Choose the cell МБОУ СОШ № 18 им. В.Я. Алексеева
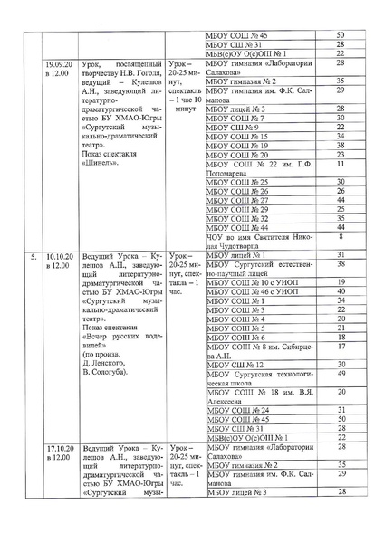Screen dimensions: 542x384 point(259,423)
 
